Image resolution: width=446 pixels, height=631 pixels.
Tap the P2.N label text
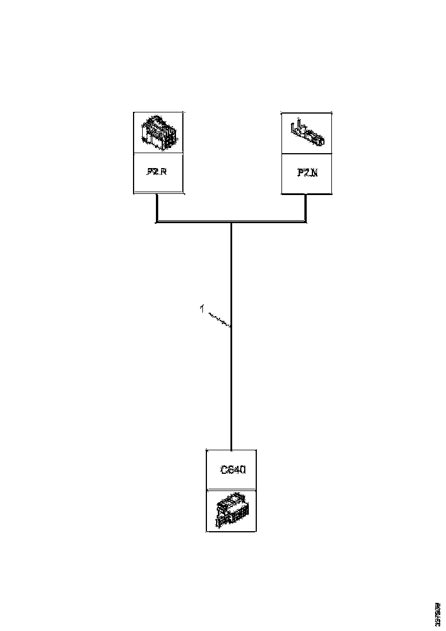coord(307,172)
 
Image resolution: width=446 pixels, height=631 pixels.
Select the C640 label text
coord(233,469)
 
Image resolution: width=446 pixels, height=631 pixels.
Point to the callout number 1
coord(201,309)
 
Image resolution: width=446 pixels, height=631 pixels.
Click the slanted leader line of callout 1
coord(218,319)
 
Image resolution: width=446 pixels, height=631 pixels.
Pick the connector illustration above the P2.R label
coord(158,133)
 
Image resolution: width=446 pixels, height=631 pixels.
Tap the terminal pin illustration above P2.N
coord(307,133)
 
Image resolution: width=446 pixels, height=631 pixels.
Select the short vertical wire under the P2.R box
coord(157,207)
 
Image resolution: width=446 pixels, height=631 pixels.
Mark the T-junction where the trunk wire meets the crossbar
coord(231,221)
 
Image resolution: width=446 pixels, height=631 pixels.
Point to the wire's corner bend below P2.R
coord(157,221)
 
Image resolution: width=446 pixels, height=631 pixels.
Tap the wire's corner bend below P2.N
coord(306,221)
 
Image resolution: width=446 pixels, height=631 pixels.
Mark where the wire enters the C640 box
coord(231,450)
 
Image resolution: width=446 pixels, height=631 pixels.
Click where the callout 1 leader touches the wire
coord(230,327)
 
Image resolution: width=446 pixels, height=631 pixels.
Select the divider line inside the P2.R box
coord(158,153)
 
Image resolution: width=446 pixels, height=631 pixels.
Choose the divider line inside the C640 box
coord(231,489)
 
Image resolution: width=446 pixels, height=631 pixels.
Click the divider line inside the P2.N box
coord(307,153)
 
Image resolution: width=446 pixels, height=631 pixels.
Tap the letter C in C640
coord(225,469)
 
